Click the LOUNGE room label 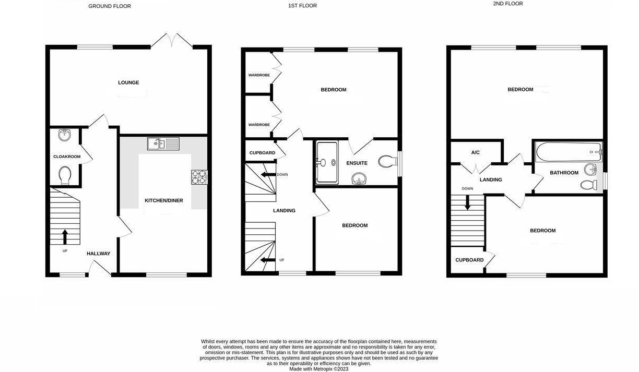click(128, 82)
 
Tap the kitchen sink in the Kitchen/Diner click(163, 143)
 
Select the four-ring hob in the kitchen click(199, 177)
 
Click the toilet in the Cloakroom click(65, 175)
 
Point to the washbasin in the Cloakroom click(64, 135)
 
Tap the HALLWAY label click(99, 254)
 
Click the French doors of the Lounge click(172, 41)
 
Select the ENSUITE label click(357, 163)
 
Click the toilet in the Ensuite click(388, 162)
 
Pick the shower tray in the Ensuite click(327, 162)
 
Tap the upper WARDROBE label click(259, 75)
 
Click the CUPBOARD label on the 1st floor click(262, 153)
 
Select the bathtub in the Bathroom click(569, 152)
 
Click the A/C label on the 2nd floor click(475, 152)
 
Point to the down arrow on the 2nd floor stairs click(467, 202)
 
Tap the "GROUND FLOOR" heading click(110, 6)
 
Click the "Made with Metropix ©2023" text click(319, 369)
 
